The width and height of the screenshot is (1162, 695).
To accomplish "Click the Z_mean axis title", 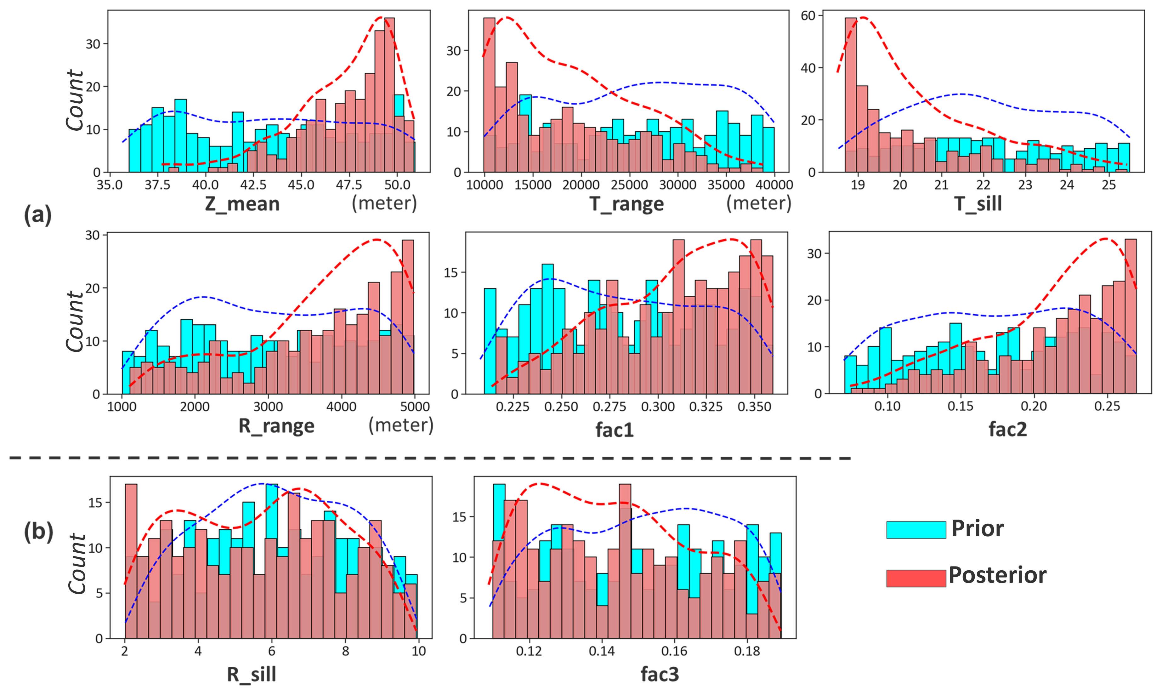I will tap(242, 204).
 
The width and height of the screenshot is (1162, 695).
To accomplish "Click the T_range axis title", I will tap(626, 204).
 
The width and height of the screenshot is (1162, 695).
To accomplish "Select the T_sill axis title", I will tap(978, 204).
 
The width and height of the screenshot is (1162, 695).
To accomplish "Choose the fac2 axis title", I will tap(1007, 429).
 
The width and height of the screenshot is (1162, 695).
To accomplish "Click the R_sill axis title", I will tap(252, 675).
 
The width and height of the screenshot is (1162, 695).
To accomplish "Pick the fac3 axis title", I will tap(660, 675).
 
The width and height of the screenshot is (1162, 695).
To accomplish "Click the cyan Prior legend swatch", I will tap(916, 530).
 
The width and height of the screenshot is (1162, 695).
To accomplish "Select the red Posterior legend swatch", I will tap(916, 578).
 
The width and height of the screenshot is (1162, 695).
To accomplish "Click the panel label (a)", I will tap(38, 215).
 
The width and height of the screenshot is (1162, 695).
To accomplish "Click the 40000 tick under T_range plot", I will tap(774, 185).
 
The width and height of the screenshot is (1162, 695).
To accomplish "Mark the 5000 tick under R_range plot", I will tap(414, 407).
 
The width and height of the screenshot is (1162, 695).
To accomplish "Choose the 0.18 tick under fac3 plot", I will tap(747, 652).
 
